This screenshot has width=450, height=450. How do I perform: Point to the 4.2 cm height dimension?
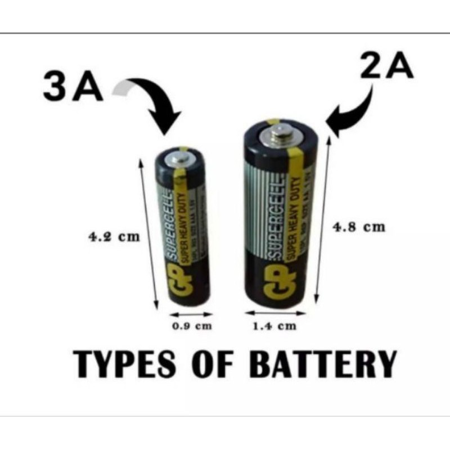(114, 237)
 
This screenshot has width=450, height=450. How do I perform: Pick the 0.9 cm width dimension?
(191, 326)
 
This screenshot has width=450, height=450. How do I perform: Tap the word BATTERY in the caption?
(323, 364)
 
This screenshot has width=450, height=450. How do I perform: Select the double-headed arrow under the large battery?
(276, 313)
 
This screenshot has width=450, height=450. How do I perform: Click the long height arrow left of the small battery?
(147, 233)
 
